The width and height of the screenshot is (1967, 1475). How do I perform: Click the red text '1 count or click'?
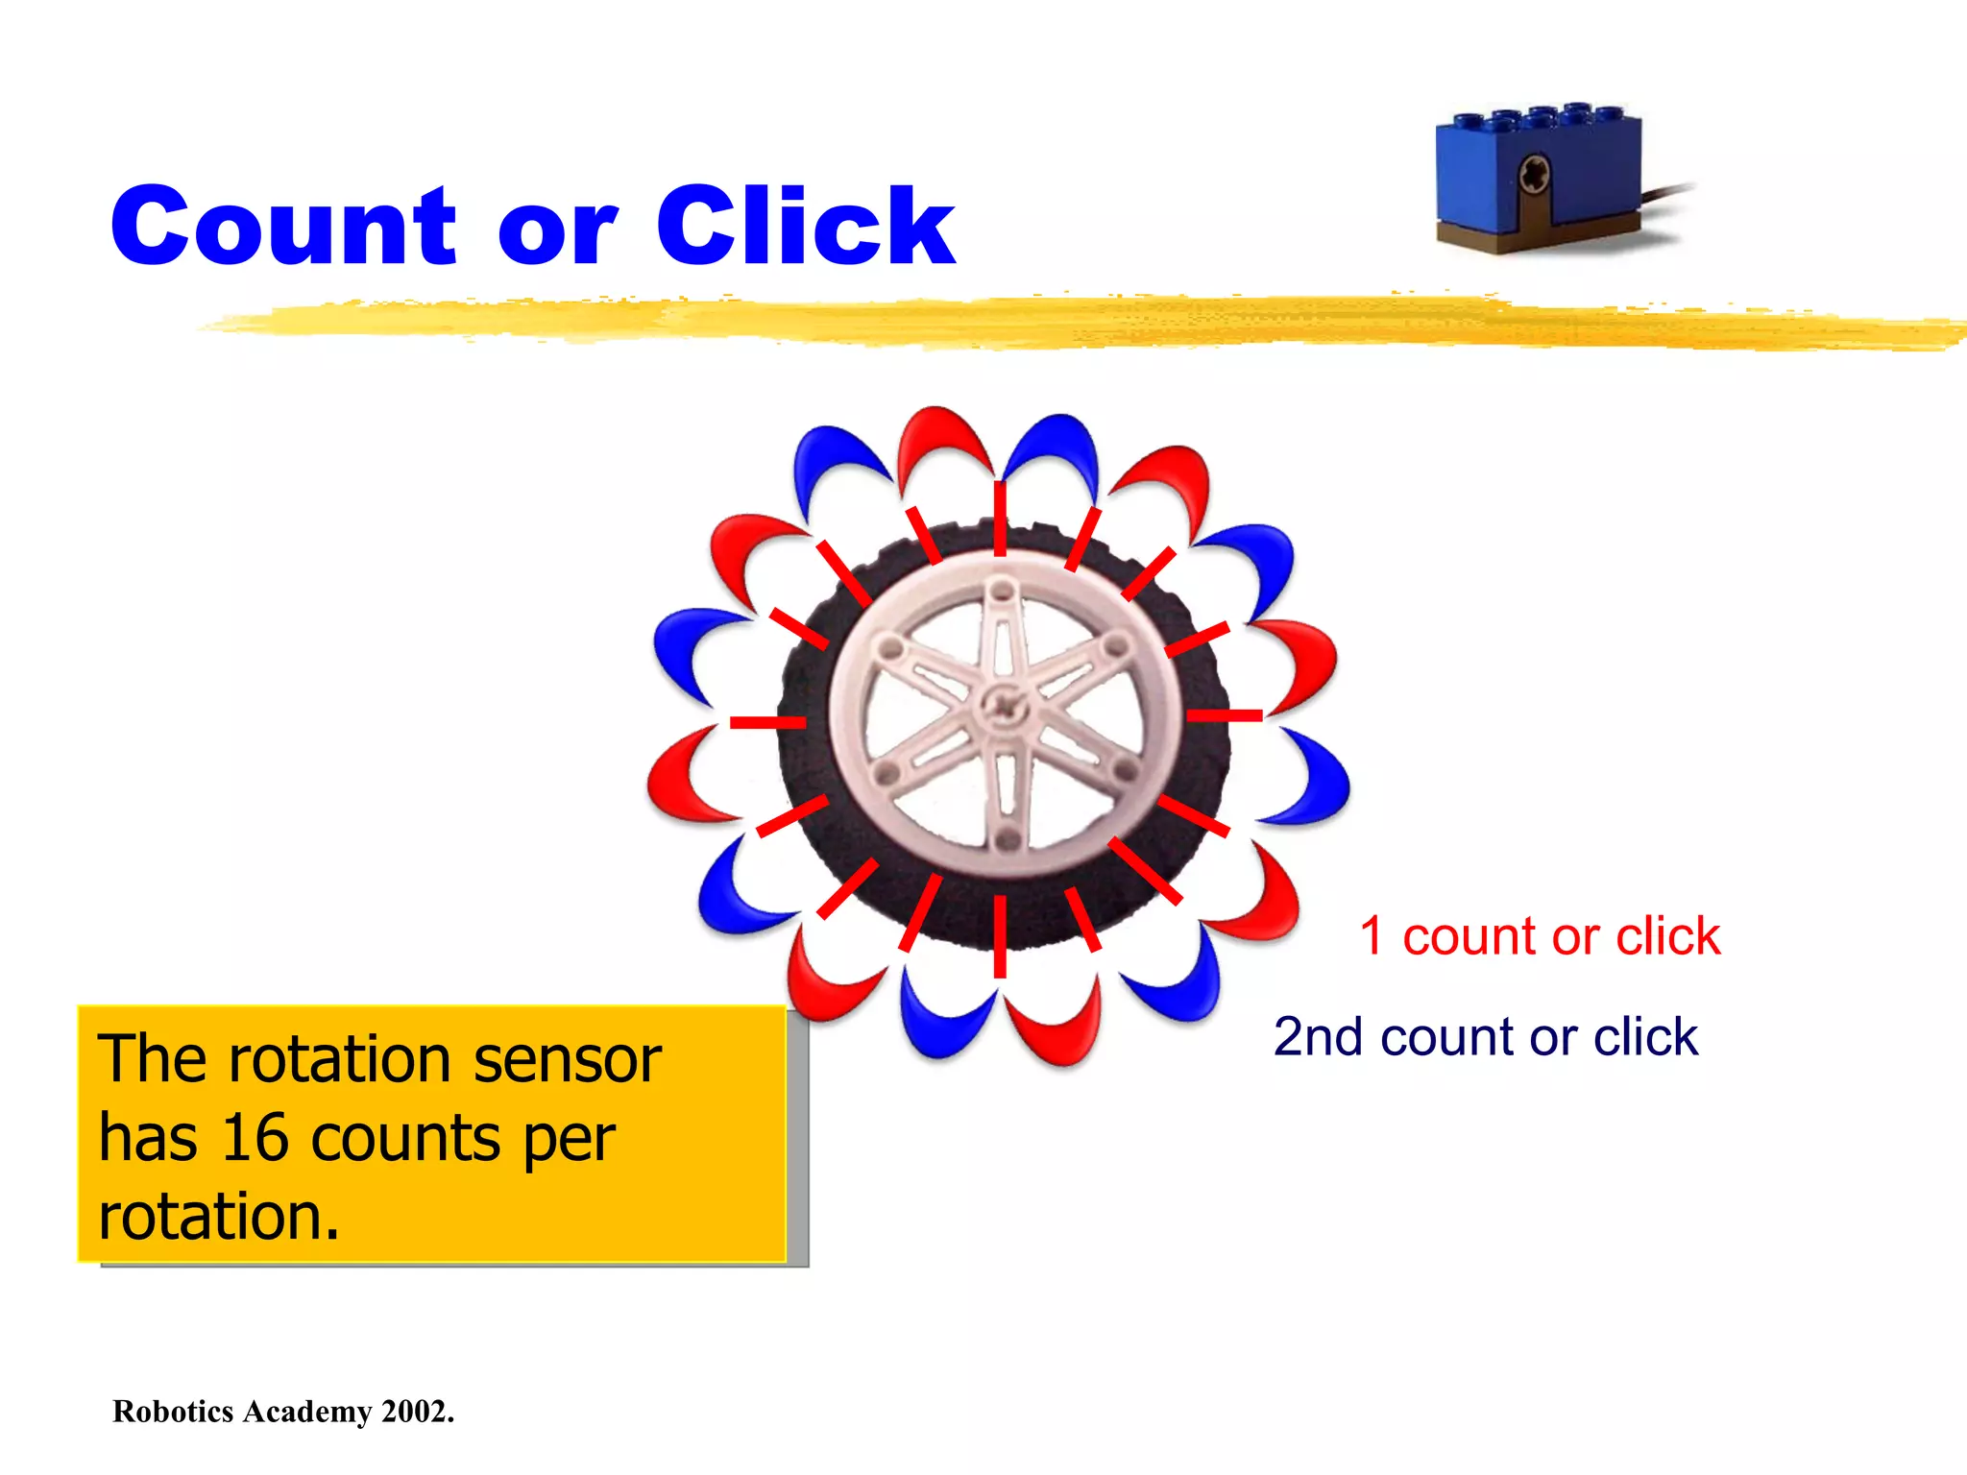pos(1540,936)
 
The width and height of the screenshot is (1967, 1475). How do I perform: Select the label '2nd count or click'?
pos(1485,1037)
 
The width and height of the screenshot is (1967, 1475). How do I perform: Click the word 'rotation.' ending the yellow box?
pos(219,1217)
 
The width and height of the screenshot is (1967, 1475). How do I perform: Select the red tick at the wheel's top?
pos(1000,520)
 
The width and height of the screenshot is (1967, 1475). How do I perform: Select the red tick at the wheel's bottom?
pos(1000,936)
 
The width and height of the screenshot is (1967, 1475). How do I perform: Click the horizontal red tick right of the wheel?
pos(1225,715)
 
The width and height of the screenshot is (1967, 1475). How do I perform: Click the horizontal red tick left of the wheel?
pos(767,721)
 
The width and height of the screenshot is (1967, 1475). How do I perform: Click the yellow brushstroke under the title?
pos(1056,322)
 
